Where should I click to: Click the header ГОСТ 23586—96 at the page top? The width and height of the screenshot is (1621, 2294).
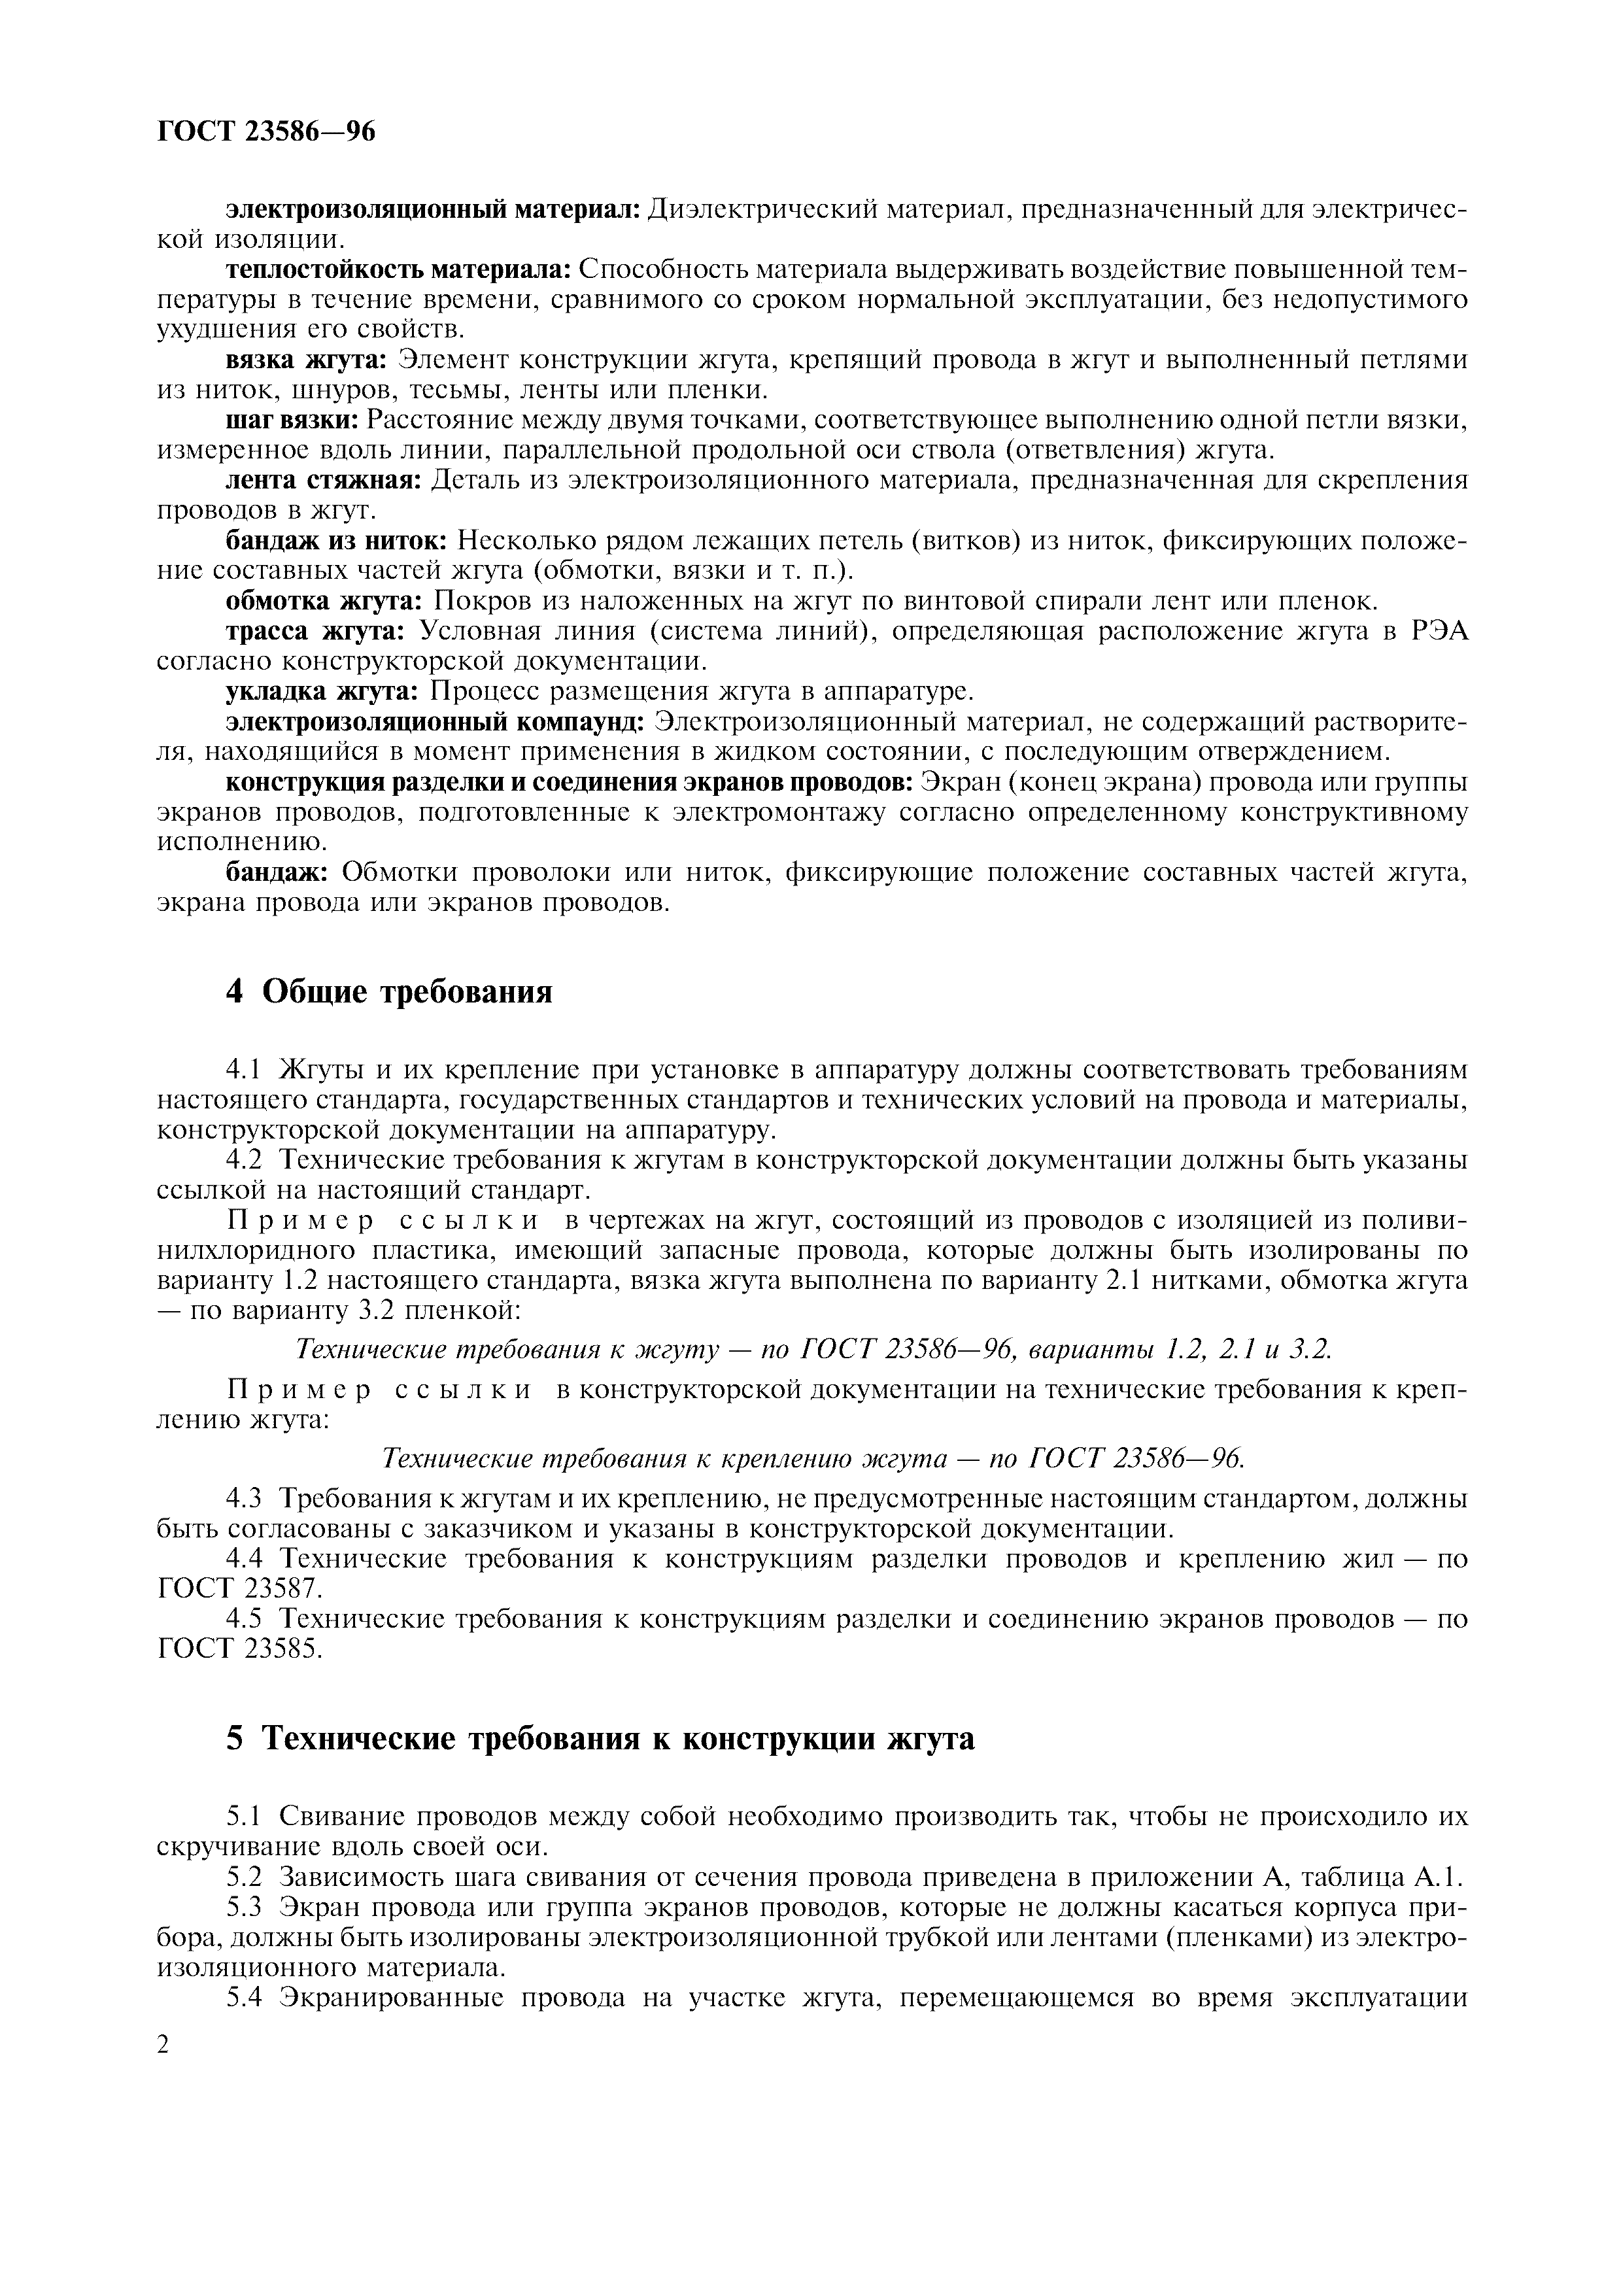click(x=267, y=131)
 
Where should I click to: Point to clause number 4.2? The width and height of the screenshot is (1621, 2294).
click(x=244, y=1161)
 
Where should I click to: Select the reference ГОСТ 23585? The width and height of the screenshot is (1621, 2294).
click(x=240, y=1649)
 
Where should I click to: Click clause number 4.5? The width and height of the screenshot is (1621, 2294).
click(x=244, y=1618)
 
